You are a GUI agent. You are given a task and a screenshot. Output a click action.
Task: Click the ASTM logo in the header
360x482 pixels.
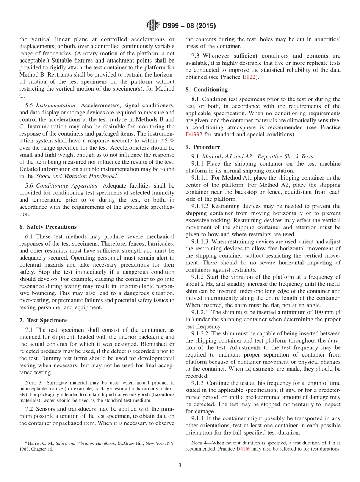(153, 26)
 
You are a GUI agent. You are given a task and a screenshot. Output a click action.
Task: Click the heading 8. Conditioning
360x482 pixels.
(207, 89)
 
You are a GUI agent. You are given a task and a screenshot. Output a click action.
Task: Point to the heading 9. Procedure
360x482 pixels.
(203, 147)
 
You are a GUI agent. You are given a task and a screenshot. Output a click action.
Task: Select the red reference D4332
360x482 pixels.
(194, 135)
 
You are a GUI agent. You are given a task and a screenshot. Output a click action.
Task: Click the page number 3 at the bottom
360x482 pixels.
(180, 465)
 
